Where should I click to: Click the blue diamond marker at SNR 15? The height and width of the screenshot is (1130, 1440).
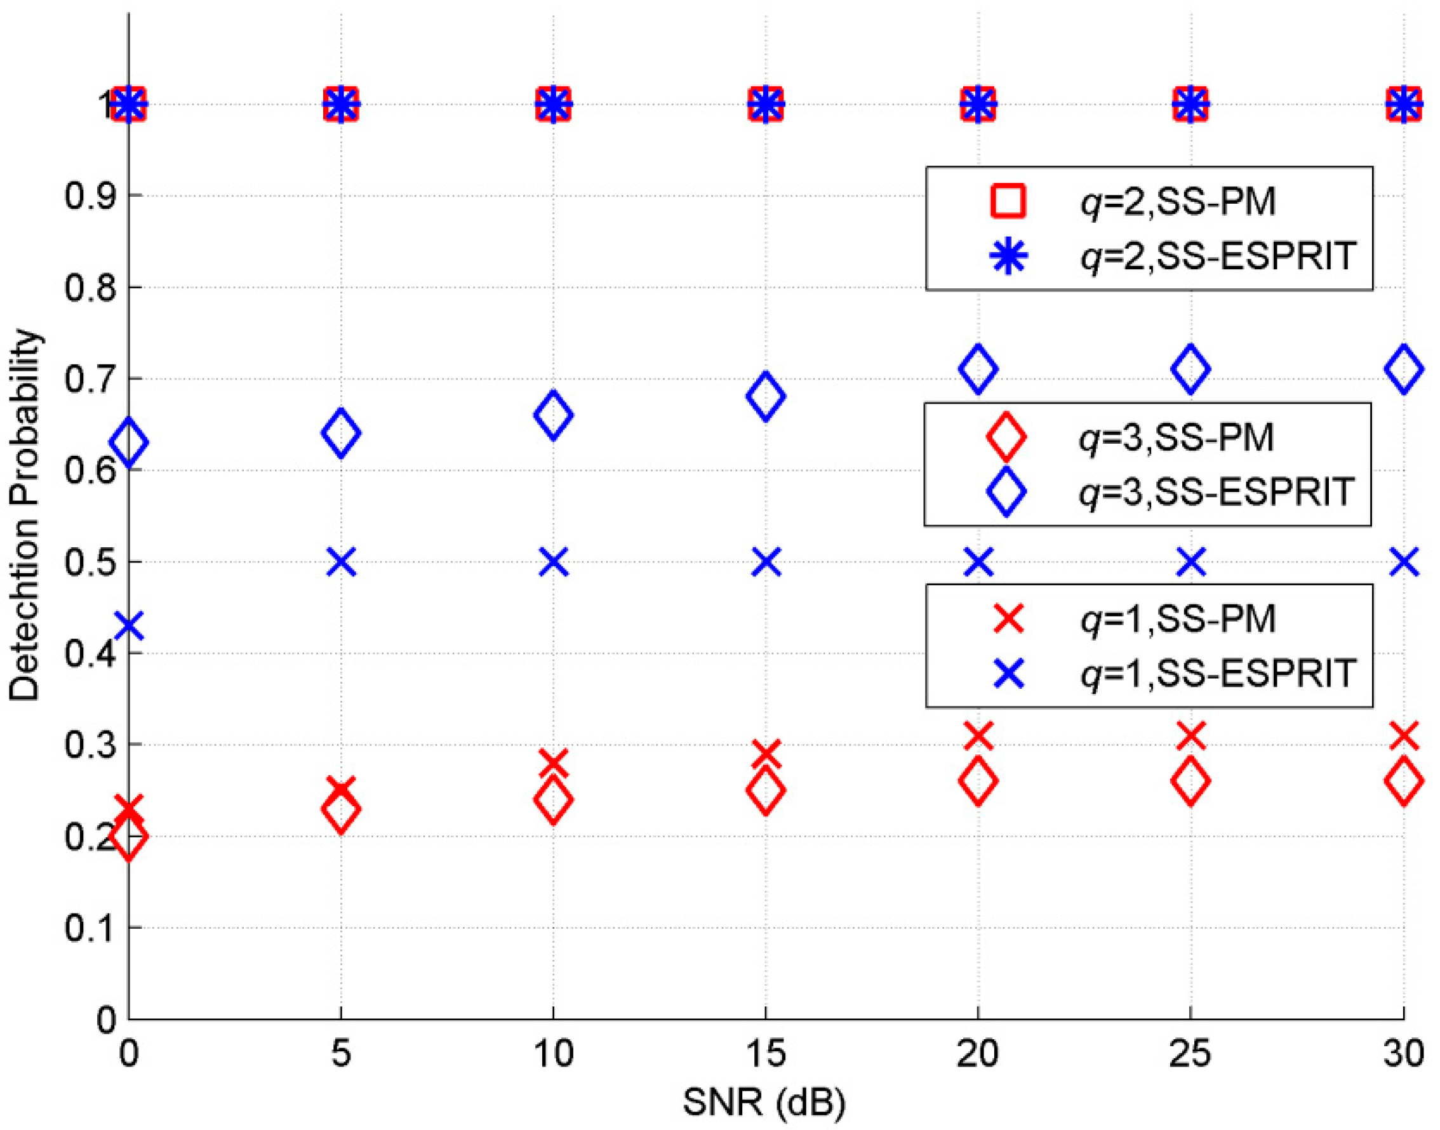coord(766,395)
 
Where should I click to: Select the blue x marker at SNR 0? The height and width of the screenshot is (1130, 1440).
coord(128,626)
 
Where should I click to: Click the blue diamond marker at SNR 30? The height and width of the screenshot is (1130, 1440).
coord(1403,368)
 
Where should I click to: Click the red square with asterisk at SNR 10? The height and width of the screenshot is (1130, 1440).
coord(553,104)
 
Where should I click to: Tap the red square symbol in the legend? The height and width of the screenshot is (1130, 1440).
coord(1008,201)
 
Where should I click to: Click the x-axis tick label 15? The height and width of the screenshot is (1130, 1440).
coord(766,1053)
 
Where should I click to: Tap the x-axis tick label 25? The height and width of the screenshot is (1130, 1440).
coord(1190,1053)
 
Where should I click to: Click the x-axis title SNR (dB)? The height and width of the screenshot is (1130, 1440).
coord(764,1103)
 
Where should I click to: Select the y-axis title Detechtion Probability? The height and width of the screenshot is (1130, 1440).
coord(25,516)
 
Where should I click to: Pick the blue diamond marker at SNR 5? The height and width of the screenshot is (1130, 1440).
coord(341,433)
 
